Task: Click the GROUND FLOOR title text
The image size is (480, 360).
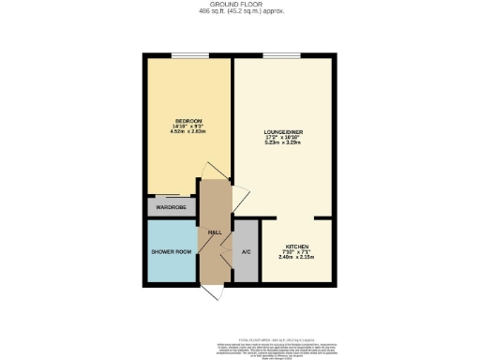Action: pyautogui.click(x=239, y=5)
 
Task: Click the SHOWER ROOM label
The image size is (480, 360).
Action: pyautogui.click(x=172, y=251)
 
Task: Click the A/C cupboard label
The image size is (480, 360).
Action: pyautogui.click(x=246, y=251)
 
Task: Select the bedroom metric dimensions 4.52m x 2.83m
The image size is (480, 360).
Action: pyautogui.click(x=188, y=131)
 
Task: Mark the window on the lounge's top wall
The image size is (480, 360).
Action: pyautogui.click(x=275, y=56)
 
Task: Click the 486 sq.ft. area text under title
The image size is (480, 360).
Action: pyautogui.click(x=239, y=12)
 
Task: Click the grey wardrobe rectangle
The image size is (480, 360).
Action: pyautogui.click(x=170, y=207)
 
